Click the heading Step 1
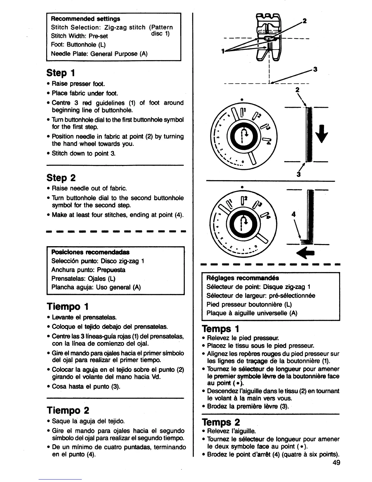(x=60, y=73)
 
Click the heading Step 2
(x=61, y=178)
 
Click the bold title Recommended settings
(x=85, y=19)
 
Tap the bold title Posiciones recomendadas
(x=90, y=252)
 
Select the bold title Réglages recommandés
(x=243, y=278)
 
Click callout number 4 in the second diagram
(x=293, y=214)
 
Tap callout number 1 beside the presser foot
(x=223, y=51)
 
